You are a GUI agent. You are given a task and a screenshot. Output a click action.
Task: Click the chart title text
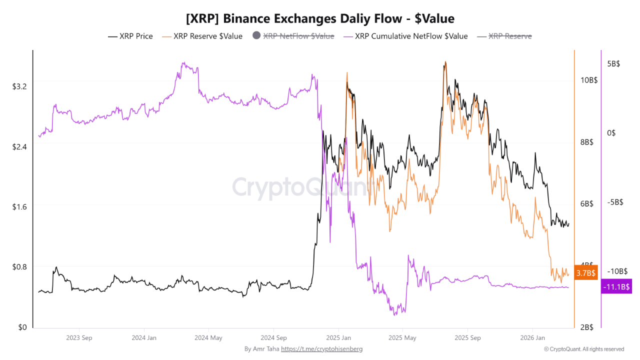320,19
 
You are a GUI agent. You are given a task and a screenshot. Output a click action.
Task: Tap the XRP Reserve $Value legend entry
207,36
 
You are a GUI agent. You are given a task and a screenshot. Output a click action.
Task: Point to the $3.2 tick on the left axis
20,86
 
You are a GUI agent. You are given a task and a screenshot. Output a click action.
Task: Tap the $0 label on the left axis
22,327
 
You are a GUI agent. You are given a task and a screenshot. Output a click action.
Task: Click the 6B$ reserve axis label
586,203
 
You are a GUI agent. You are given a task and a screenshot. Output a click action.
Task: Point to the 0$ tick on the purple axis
611,133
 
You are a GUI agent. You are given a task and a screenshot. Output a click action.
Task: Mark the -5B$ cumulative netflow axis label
613,202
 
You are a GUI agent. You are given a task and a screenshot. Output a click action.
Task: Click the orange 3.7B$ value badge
586,273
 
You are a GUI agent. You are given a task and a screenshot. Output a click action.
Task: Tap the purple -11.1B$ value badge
616,286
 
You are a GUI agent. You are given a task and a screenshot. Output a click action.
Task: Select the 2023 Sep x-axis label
80,337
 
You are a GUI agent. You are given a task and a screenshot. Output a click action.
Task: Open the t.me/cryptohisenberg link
321,349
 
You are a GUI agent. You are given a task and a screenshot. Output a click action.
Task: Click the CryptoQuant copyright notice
583,349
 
